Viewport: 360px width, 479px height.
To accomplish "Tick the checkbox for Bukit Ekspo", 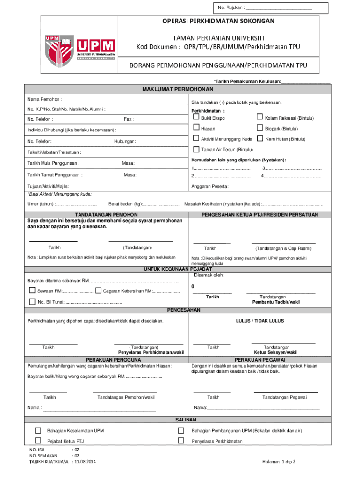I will tap(196, 117).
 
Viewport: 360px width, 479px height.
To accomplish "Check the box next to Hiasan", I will tap(196, 128).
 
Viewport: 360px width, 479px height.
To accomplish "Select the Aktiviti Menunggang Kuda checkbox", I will tap(196, 139).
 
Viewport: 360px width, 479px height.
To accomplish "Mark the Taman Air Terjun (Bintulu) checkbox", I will tap(196, 150).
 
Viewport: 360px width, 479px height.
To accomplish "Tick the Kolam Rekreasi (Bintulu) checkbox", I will tap(260, 117).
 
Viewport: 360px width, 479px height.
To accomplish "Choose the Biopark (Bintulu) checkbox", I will tap(260, 128).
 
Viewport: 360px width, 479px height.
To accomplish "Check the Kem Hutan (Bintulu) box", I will tap(260, 139).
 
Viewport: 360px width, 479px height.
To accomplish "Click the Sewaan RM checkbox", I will tap(32, 291).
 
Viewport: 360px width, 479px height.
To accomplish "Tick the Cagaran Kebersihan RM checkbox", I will tap(98, 291).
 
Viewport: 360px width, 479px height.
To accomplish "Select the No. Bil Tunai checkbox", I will tap(32, 301).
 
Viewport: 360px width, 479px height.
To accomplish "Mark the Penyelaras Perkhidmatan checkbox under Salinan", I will tap(180, 441).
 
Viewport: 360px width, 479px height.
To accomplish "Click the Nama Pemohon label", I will tap(45, 99).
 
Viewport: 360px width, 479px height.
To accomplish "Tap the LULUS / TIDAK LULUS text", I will tap(259, 321).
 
